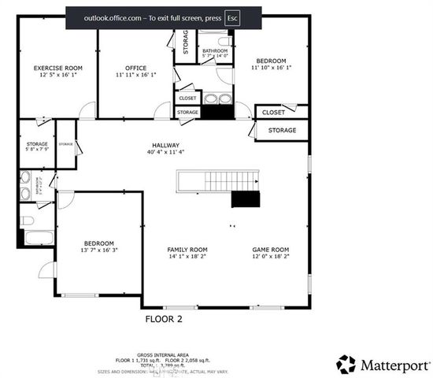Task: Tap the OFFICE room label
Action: [136, 69]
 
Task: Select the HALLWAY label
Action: [166, 146]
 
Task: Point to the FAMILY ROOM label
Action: [187, 250]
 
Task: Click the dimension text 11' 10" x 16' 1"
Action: [272, 68]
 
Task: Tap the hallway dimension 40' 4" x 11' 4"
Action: [166, 153]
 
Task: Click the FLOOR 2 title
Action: [164, 319]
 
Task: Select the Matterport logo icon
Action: [346, 364]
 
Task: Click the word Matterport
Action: [395, 365]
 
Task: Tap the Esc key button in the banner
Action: [232, 17]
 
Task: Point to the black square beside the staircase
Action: [245, 198]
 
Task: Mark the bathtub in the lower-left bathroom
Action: [36, 238]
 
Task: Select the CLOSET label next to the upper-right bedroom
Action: [274, 113]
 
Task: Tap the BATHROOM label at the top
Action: [215, 50]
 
